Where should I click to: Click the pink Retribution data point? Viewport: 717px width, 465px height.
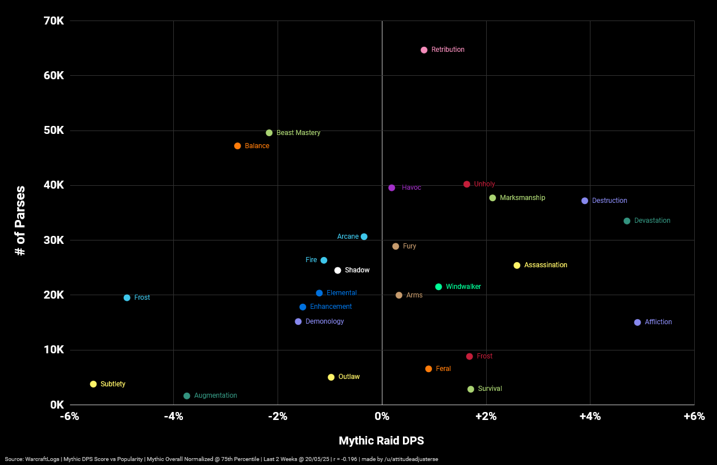[x=424, y=50]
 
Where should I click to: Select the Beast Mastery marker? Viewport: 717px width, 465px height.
[x=269, y=133]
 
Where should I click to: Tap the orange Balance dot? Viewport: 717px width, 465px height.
[x=238, y=146]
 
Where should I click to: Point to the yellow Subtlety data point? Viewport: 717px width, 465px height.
[x=93, y=384]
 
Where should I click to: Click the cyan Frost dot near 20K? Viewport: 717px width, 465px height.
[x=127, y=298]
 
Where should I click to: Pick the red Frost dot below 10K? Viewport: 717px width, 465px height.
[x=470, y=357]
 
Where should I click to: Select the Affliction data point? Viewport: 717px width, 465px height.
[x=638, y=323]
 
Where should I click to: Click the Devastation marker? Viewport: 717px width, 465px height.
[x=627, y=221]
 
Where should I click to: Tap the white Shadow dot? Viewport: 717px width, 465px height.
[x=337, y=271]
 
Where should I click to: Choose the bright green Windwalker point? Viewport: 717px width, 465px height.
[x=438, y=287]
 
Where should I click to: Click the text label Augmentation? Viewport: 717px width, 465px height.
[x=215, y=395]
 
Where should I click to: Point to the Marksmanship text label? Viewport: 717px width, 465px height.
[x=522, y=198]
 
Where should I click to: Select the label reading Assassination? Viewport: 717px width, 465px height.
[x=545, y=265]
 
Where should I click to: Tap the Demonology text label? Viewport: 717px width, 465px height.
[x=324, y=321]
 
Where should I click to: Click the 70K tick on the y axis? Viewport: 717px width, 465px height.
[x=54, y=21]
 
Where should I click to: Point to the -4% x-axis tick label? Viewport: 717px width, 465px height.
[x=173, y=417]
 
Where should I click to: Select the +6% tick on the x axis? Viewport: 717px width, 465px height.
[x=694, y=417]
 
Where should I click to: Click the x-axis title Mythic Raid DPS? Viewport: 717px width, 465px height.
[x=381, y=440]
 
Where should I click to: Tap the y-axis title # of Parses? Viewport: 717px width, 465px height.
[x=21, y=220]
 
